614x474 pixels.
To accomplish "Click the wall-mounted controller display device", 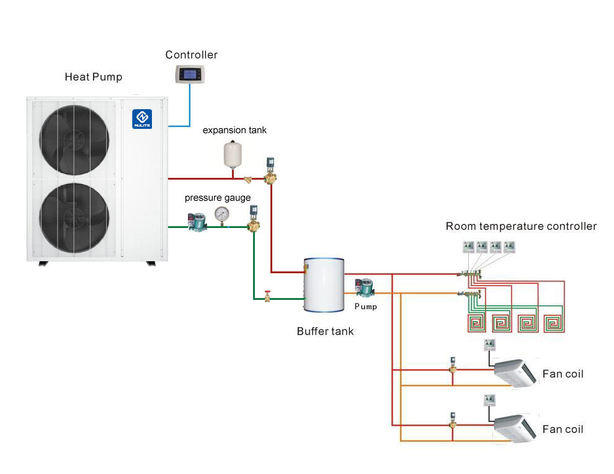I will click(190, 74).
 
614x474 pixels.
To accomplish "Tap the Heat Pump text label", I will click(94, 77).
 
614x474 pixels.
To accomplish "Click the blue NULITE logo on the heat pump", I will click(141, 118).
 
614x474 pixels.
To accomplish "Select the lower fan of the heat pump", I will click(74, 214).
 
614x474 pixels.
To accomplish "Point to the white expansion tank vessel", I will click(232, 154).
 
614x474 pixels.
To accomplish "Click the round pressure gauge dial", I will click(221, 214).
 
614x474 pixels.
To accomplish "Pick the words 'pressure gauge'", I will click(218, 198).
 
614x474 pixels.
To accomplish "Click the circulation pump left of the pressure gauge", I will click(197, 222).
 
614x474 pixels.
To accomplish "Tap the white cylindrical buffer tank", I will click(323, 286).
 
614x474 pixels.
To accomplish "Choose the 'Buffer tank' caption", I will click(325, 331).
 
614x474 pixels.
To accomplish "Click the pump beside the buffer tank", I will click(362, 289).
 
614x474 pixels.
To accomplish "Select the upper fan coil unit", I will click(514, 372).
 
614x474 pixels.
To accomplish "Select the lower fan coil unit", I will click(514, 428).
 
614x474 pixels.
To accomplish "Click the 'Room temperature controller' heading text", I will click(521, 226).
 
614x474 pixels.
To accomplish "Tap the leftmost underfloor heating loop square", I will click(476, 323).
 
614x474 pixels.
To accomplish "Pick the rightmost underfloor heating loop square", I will click(554, 323).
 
